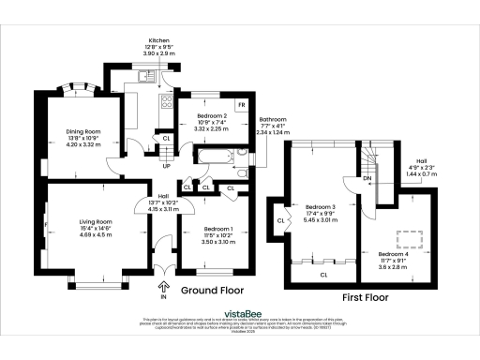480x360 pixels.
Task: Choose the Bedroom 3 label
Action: coord(320,211)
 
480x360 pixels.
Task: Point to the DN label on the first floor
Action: coord(367,177)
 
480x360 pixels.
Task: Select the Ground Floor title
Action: coord(212,290)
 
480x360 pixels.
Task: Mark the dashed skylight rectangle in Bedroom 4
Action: coord(409,236)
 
